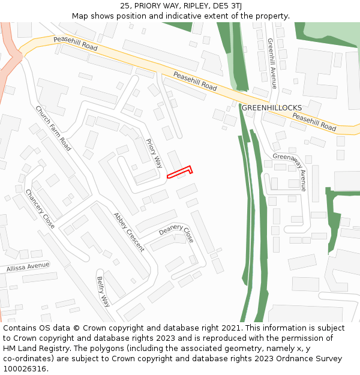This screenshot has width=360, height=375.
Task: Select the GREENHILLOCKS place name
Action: pos(272,107)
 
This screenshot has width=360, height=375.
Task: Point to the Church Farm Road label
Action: pos(53,128)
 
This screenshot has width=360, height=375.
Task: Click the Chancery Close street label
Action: pos(40,209)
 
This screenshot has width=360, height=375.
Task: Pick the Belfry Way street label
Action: pos(103,292)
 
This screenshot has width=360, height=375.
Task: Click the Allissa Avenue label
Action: pos(28,266)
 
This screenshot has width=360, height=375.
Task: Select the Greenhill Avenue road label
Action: pos(272,64)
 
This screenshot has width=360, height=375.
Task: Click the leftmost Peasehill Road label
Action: pos(75,43)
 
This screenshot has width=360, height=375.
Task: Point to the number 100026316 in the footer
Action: pos(25,368)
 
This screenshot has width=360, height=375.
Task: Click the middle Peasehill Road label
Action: pos(195,81)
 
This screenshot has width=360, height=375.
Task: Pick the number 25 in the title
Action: pos(124,5)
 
